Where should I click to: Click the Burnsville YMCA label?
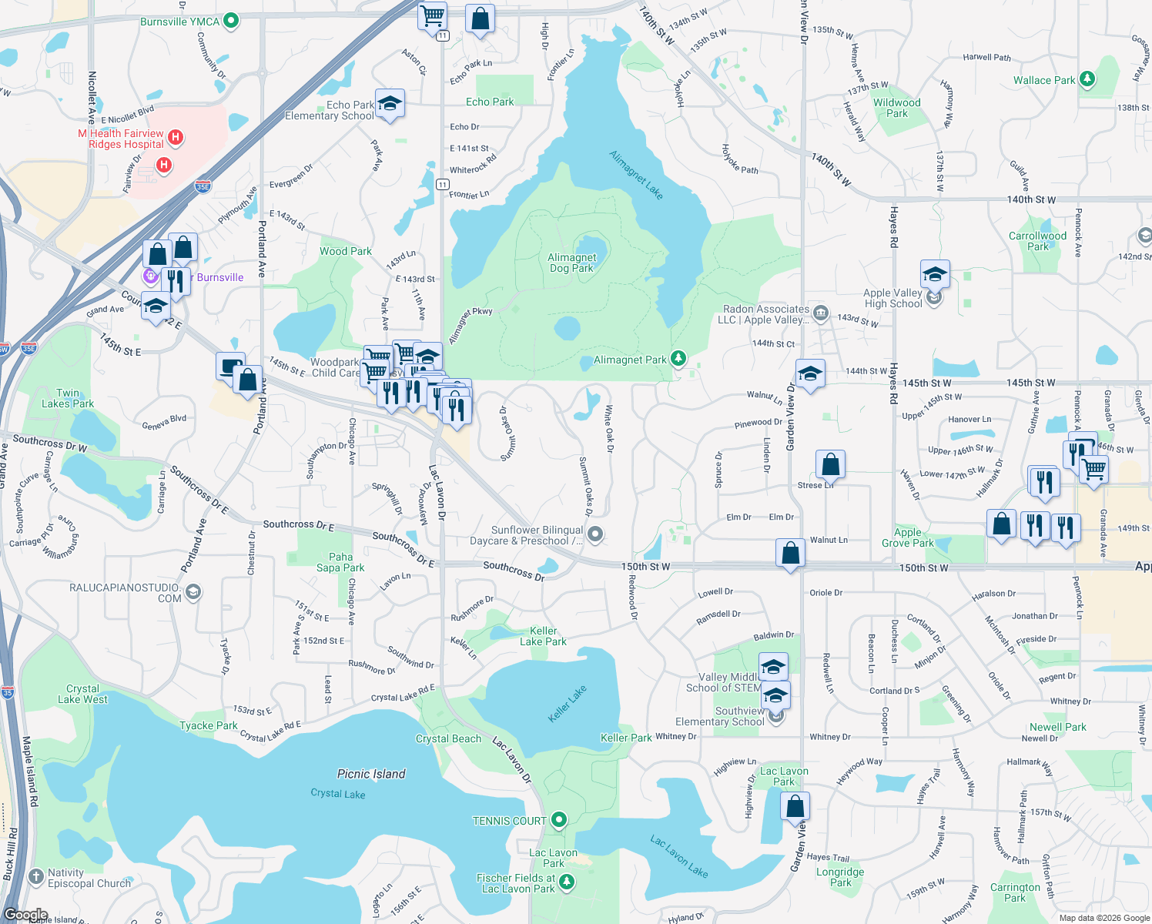(x=179, y=22)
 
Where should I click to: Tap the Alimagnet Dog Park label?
(x=572, y=263)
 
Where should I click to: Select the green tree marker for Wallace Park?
(x=1087, y=79)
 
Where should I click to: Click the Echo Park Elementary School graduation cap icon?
(x=390, y=104)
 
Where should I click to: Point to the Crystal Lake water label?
(x=338, y=793)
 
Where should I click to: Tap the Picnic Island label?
(x=371, y=774)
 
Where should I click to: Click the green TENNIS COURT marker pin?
(x=560, y=820)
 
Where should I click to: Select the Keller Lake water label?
(x=568, y=704)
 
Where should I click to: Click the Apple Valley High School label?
(x=892, y=298)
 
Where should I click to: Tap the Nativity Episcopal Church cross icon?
(x=35, y=877)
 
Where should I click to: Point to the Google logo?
(x=26, y=915)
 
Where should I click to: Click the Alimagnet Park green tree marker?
(x=678, y=359)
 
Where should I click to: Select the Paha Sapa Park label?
(x=340, y=562)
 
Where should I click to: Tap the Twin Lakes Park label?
(x=68, y=398)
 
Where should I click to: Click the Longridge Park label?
(x=840, y=877)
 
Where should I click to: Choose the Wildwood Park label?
(x=896, y=108)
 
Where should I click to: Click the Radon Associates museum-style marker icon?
(x=821, y=313)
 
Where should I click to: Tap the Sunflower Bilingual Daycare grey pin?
(x=595, y=534)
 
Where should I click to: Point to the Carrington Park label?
(x=1015, y=892)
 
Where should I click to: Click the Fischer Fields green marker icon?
(x=567, y=882)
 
